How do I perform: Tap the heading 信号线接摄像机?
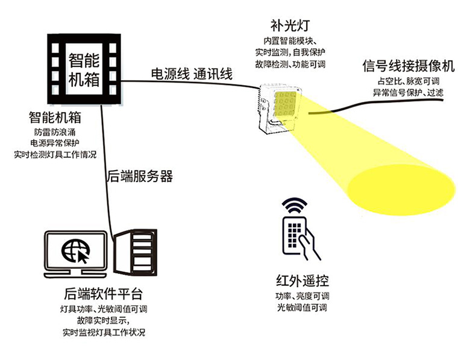pos(409,66)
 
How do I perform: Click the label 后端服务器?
pos(140,177)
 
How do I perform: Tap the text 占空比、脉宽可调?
pos(408,81)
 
